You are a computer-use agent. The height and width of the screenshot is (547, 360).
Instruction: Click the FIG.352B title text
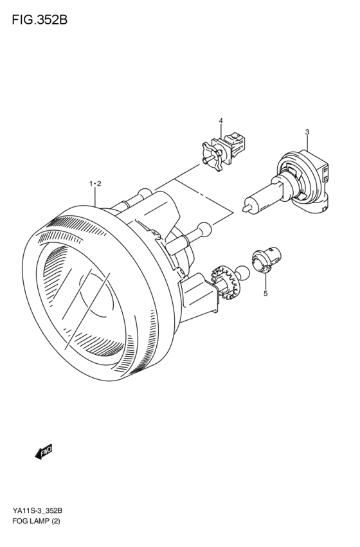39,20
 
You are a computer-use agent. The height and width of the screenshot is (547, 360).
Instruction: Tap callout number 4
221,121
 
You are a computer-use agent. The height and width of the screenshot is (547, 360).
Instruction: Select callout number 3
307,132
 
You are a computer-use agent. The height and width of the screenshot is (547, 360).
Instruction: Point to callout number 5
265,293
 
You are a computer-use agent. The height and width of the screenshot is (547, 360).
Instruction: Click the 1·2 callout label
95,184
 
